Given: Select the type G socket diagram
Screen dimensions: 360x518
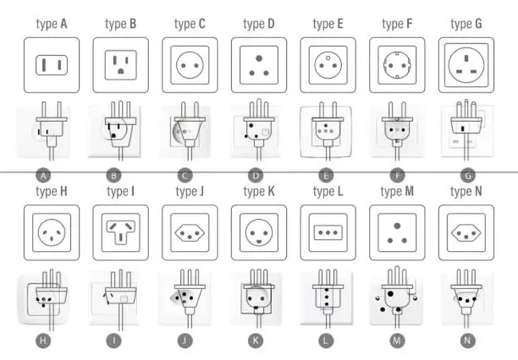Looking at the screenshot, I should click(465, 65).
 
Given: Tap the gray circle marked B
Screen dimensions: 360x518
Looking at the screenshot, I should click(116, 174).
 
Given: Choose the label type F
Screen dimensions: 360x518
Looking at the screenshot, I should click(396, 24).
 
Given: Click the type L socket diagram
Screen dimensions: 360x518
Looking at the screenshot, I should click(327, 233).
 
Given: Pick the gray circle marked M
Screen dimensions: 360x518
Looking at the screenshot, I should click(396, 340).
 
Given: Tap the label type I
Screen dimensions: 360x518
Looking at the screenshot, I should click(120, 191).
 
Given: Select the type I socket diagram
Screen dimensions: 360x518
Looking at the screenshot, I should click(120, 233).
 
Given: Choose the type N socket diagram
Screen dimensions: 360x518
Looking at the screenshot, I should click(465, 233).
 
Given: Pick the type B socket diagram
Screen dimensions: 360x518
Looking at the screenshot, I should click(120, 65).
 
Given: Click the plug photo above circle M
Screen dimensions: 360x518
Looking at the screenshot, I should click(396, 298).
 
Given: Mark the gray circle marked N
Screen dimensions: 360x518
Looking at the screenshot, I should click(465, 340).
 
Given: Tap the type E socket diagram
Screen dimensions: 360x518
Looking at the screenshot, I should click(327, 65).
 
